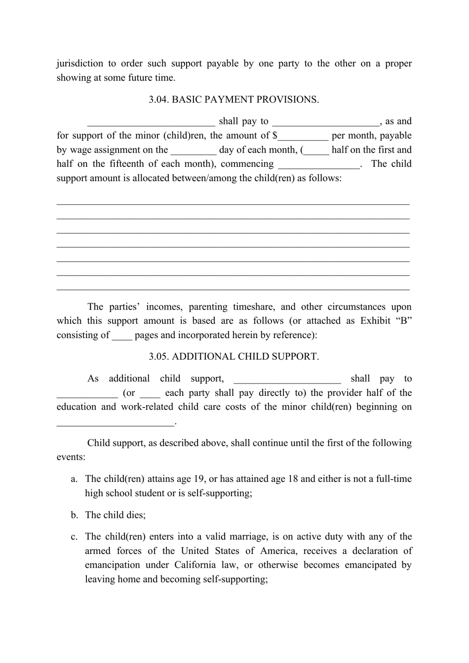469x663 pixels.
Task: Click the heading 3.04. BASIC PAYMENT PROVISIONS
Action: point(234,100)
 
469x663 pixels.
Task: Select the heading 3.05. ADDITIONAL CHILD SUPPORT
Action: point(234,356)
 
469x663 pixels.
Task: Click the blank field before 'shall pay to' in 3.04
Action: point(151,122)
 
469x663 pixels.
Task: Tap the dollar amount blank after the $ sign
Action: point(303,137)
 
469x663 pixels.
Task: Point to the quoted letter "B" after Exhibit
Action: point(403,321)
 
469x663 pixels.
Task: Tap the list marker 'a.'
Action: point(75,479)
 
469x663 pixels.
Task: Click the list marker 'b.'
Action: point(75,515)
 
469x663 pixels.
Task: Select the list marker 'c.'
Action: point(75,537)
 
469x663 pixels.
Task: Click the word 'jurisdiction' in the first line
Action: point(80,64)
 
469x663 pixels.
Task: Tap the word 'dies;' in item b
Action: point(135,515)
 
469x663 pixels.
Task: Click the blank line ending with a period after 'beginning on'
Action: point(116,423)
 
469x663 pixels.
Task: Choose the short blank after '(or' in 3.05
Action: point(150,394)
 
